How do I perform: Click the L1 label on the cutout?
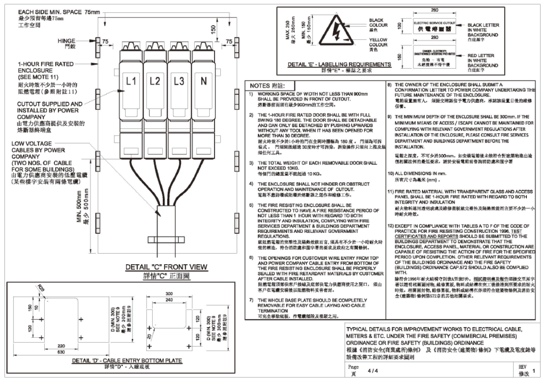point(131,81)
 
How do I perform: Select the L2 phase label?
point(155,81)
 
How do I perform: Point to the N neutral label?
point(203,81)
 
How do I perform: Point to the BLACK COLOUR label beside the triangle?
point(378,23)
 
